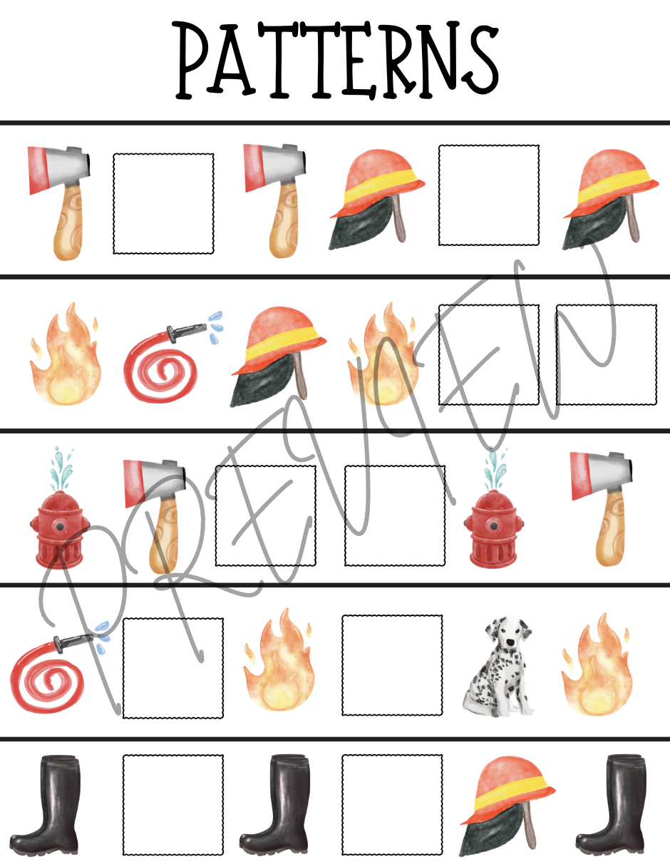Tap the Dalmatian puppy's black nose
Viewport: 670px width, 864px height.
[x=509, y=643]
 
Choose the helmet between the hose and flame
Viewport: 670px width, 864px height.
[x=278, y=356]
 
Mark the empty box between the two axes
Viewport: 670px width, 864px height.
[x=163, y=204]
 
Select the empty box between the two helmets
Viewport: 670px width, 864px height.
[x=489, y=195]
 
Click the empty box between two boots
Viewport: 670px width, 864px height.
[x=173, y=805]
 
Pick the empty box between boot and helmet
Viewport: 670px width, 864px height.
[x=392, y=805]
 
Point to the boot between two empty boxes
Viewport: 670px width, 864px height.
[x=274, y=805]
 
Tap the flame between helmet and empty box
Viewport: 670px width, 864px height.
[x=382, y=354]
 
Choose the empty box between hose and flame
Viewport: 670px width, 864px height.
[x=173, y=669]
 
